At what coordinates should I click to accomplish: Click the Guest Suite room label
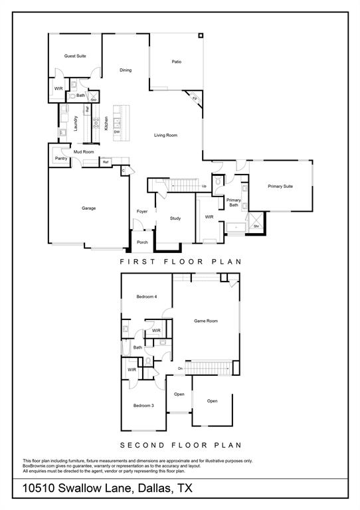click(x=75, y=56)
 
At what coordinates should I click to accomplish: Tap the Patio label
click(x=177, y=62)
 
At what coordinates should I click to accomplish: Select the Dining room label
click(x=126, y=70)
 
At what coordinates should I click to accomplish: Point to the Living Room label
click(x=166, y=135)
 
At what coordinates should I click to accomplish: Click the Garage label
click(x=88, y=209)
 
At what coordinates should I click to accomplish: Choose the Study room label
click(x=175, y=218)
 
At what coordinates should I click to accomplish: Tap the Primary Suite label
click(x=280, y=187)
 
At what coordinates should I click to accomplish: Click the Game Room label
click(x=206, y=321)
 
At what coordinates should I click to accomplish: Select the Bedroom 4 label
click(x=146, y=296)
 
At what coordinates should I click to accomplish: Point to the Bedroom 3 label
click(x=143, y=406)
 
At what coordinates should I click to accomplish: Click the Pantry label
click(x=61, y=159)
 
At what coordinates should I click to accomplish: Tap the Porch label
click(x=142, y=242)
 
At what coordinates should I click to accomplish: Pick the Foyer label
click(x=142, y=212)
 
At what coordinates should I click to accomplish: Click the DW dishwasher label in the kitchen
click(x=117, y=132)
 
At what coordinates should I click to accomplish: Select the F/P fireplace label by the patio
click(x=195, y=99)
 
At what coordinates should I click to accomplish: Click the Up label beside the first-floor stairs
click(x=204, y=186)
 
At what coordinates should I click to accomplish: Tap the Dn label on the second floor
click(x=180, y=369)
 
